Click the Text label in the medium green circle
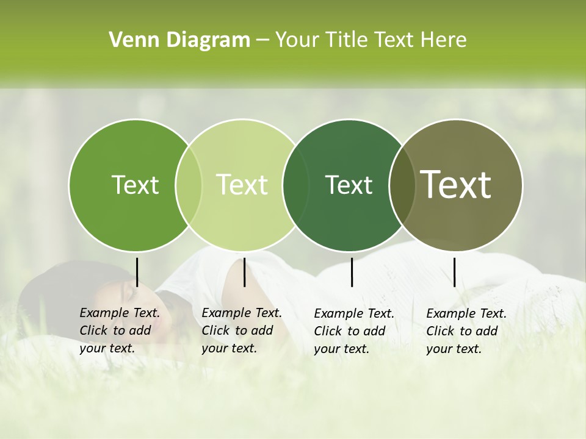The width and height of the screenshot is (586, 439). click(x=135, y=185)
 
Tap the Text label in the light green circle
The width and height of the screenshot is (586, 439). click(x=242, y=185)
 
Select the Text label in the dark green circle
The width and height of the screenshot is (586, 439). click(x=349, y=185)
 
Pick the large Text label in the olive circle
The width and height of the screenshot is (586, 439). click(x=456, y=185)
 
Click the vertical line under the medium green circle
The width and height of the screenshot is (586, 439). click(x=137, y=272)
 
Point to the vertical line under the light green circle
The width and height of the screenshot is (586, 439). click(x=244, y=272)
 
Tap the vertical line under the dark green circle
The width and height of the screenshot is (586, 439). click(x=352, y=272)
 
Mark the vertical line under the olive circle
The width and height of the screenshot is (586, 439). click(x=454, y=272)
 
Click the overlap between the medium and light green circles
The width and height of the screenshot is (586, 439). click(x=189, y=185)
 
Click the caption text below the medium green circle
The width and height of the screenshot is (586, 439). click(x=119, y=330)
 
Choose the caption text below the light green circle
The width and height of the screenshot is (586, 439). click(x=241, y=330)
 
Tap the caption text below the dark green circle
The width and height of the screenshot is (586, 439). click(x=353, y=331)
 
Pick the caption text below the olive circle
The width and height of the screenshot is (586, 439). click(x=466, y=331)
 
